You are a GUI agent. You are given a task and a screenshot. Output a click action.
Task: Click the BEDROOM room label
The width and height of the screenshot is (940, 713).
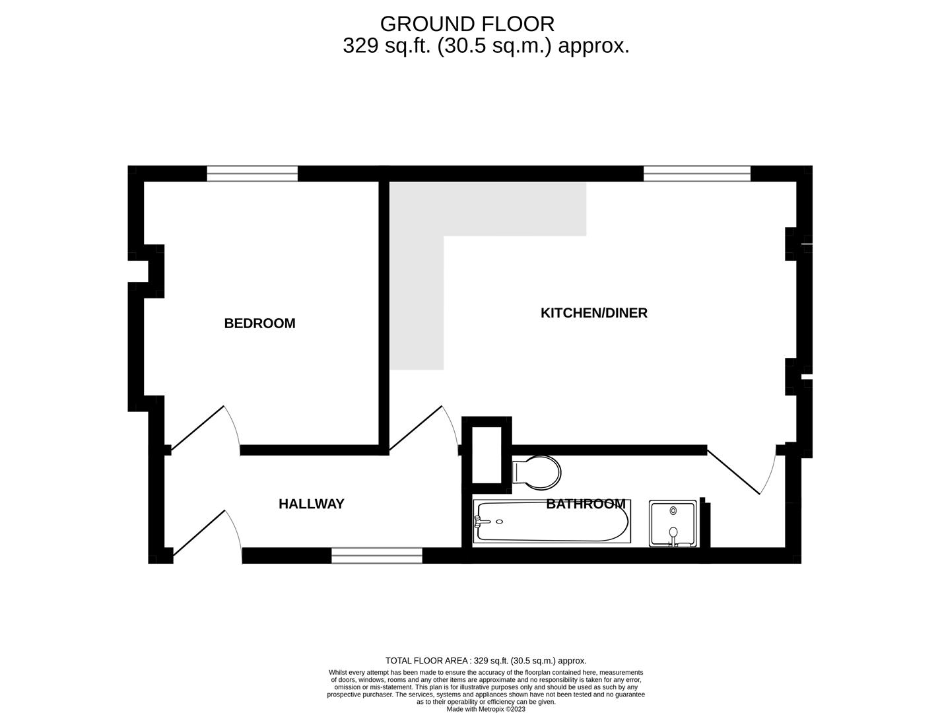click(259, 323)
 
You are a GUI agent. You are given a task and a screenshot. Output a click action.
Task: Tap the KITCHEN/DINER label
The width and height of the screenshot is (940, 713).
click(593, 313)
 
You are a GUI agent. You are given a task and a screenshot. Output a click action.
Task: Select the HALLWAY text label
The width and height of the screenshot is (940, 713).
click(312, 504)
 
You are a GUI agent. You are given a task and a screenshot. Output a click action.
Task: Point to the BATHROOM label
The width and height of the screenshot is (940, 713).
click(586, 504)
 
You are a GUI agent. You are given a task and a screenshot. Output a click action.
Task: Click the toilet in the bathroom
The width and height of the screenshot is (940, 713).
click(536, 473)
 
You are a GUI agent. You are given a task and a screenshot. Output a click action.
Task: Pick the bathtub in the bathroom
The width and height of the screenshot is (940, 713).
click(552, 521)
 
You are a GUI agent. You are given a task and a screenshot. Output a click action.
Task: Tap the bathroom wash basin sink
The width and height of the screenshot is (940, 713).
click(673, 524)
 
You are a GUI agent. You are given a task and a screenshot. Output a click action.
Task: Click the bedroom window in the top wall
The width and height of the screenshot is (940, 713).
click(252, 174)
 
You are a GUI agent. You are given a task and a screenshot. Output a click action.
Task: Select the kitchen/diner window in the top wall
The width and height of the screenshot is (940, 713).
click(697, 174)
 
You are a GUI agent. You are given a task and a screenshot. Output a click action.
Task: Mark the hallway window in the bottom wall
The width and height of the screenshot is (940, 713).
click(377, 555)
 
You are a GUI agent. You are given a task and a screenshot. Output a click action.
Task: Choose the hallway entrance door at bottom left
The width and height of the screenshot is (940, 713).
click(199, 533)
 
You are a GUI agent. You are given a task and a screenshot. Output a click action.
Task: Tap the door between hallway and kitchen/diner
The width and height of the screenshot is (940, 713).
click(415, 428)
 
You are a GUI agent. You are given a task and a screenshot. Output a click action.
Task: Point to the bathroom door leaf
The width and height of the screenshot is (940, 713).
click(733, 472)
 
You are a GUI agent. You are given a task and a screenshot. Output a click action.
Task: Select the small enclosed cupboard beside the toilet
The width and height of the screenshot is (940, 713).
click(487, 454)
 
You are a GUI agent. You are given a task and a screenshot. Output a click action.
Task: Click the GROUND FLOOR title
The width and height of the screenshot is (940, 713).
click(467, 24)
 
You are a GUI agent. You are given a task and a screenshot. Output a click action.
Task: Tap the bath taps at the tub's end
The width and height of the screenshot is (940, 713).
click(479, 521)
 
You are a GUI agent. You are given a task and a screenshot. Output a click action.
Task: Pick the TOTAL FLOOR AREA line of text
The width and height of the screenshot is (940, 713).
click(486, 660)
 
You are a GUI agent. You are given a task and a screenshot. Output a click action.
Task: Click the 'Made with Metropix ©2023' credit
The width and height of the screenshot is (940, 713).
click(486, 709)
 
